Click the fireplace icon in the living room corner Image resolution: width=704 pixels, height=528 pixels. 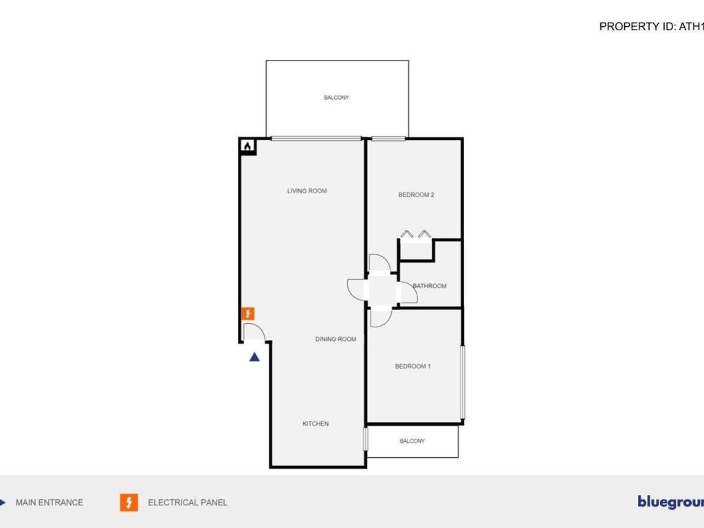pos(247,146)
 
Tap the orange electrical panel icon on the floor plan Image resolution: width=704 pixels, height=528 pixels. pos(249,313)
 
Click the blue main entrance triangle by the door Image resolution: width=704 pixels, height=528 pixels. pos(254,356)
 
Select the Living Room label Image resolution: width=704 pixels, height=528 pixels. pos(307,191)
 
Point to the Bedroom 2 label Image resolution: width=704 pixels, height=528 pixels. pos(416,195)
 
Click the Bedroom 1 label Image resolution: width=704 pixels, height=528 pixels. pos(412,366)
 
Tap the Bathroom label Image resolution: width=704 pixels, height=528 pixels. pos(430,286)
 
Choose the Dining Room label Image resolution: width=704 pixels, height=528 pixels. pos(335,340)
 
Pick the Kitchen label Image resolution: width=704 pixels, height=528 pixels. pos(316,424)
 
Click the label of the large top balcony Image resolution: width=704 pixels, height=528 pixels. pos(337,98)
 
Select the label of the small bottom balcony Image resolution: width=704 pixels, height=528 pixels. pos(412,441)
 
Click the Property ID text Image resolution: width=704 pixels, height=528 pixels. pos(650,27)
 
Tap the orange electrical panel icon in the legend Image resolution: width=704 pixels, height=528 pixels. pos(129,503)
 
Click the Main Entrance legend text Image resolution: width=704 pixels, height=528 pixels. pos(49,503)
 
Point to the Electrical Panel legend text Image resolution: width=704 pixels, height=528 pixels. pos(188,503)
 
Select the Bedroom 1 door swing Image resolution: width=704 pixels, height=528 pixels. pos(379,318)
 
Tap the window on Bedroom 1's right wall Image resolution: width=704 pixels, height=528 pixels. pos(463,382)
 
